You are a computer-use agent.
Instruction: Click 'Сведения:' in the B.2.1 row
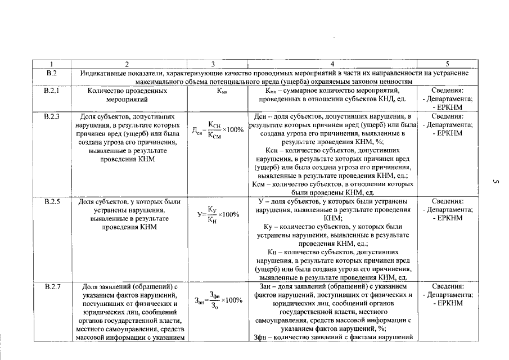pyautogui.click(x=447, y=90)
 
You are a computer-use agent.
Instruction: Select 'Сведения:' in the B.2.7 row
pyautogui.click(x=447, y=286)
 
